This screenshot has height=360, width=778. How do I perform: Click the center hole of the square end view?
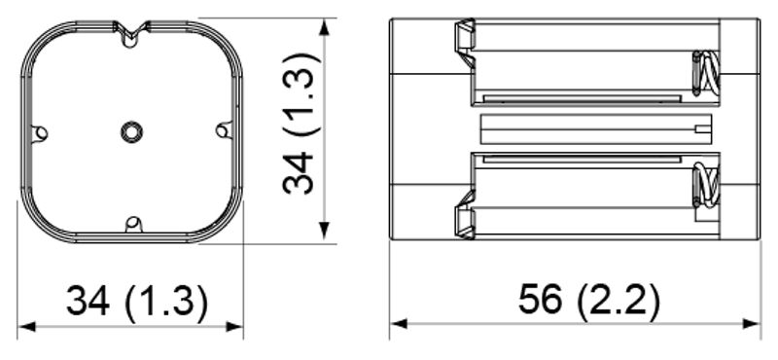pos(131,129)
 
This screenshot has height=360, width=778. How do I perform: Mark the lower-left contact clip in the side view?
pos(465,214)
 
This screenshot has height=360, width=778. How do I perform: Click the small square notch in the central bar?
pos(703,128)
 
